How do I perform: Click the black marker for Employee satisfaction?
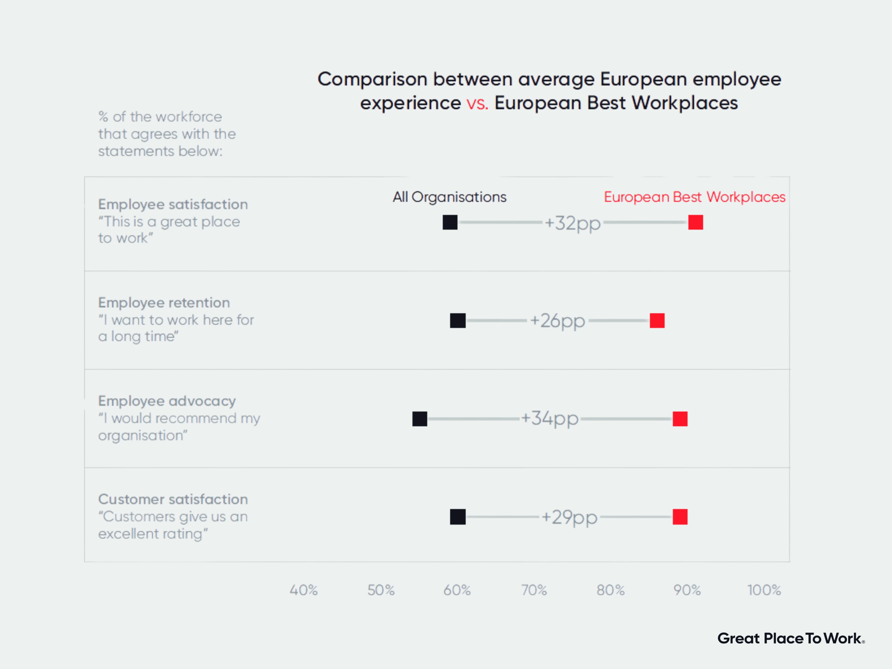tap(450, 222)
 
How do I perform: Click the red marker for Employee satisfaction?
tap(696, 222)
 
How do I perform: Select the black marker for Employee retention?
tap(458, 321)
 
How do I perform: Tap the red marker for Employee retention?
tap(657, 321)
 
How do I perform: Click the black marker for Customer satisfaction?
tap(458, 517)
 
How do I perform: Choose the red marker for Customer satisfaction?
tap(680, 517)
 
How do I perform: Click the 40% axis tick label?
tap(304, 590)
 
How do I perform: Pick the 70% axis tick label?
tap(534, 590)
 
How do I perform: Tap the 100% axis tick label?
tap(764, 590)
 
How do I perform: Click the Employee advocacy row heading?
tap(167, 401)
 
